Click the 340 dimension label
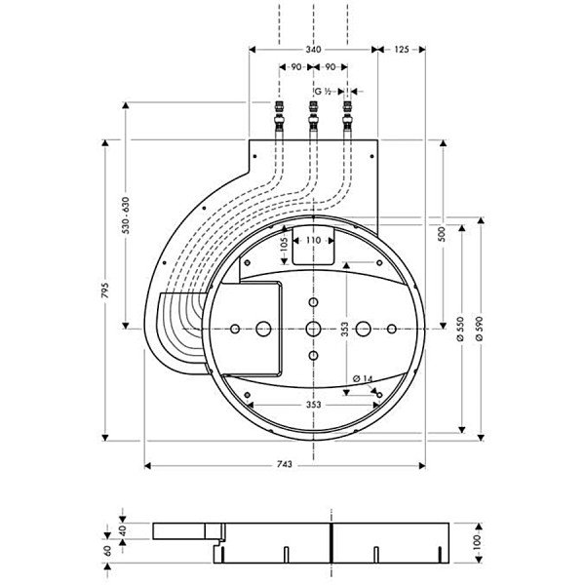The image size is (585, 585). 313,50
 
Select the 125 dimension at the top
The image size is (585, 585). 402,50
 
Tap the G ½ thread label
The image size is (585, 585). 323,92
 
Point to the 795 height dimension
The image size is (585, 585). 105,290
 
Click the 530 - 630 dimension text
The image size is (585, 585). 126,215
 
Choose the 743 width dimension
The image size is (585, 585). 285,465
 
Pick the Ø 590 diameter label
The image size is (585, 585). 480,329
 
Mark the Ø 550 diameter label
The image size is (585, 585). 460,329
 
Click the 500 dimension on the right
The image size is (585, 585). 443,234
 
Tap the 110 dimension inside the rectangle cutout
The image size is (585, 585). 313,240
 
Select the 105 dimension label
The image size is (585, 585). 284,245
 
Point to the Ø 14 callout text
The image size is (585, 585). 363,378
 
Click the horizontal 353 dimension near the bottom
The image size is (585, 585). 313,405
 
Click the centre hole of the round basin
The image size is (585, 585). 313,329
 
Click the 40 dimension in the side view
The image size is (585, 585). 123,530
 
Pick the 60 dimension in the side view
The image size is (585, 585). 107,551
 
